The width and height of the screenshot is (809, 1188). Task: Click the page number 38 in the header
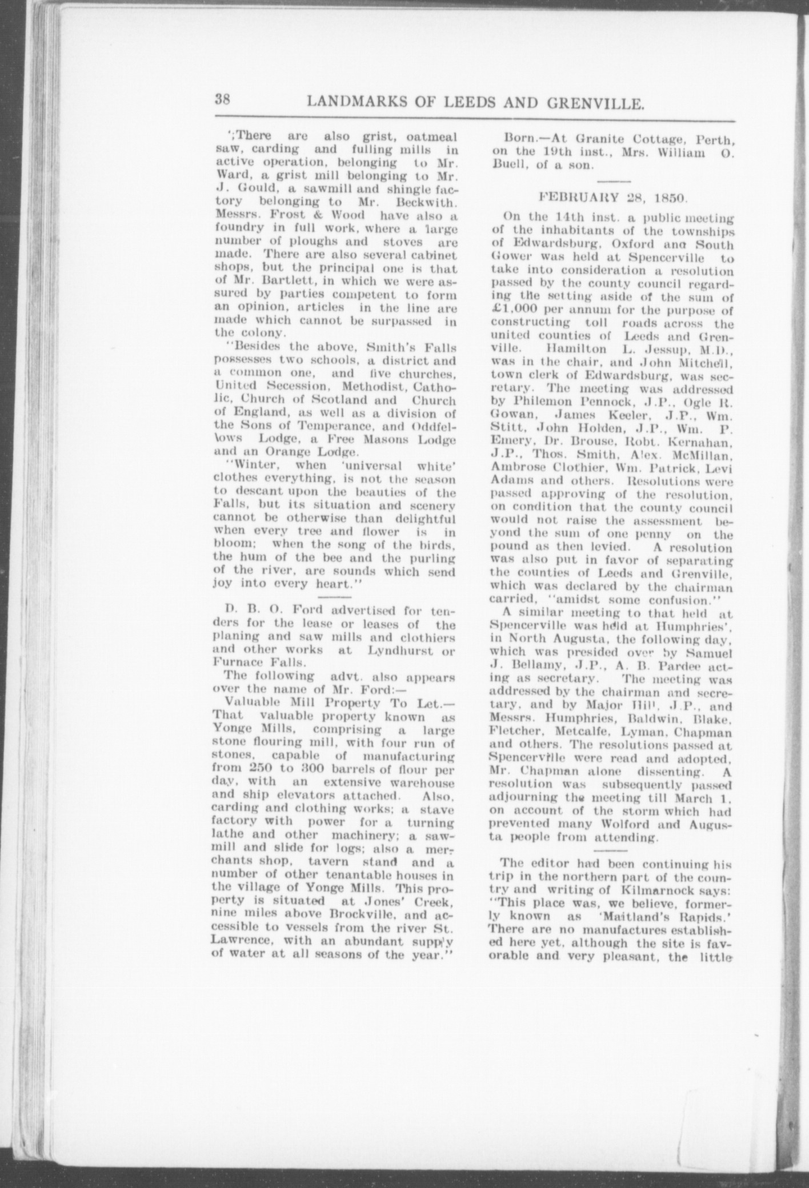click(222, 99)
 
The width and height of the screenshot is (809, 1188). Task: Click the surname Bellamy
click(534, 666)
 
